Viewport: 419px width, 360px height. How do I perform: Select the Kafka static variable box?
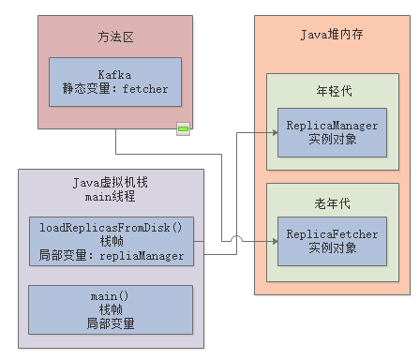114,82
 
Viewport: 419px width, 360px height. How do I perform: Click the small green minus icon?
184,128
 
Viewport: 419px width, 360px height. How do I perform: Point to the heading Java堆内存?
332,35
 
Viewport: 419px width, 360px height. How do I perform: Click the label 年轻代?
332,92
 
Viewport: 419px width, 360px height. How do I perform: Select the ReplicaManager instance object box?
332,131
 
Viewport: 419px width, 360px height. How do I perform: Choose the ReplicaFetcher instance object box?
332,240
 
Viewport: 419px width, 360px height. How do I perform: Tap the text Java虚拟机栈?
111,184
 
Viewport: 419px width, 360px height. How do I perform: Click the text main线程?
111,198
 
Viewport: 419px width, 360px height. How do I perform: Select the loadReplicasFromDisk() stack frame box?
111,241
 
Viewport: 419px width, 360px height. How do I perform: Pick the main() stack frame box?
111,310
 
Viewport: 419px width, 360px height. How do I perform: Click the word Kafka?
114,74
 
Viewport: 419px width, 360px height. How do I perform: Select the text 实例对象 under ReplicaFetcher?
332,248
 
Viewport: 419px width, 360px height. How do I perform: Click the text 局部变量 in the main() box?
111,324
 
